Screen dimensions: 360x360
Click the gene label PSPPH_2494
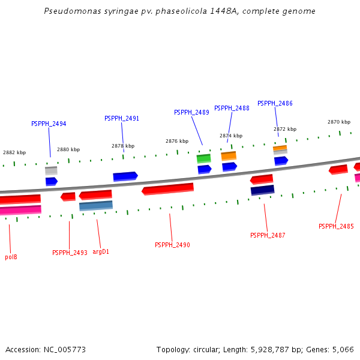[x=49, y=124]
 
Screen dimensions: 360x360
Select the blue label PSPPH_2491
[x=122, y=118]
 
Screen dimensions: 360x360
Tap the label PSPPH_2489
[x=191, y=112]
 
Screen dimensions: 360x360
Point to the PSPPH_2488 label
[x=232, y=108]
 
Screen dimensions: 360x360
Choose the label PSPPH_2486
[x=275, y=103]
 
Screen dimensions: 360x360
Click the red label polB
[x=11, y=257]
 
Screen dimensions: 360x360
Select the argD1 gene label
[x=101, y=251]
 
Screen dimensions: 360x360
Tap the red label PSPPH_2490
[x=172, y=245]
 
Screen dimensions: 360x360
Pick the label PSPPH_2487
[x=268, y=235]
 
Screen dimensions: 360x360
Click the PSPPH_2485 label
[x=336, y=226]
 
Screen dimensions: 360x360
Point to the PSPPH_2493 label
[x=70, y=253]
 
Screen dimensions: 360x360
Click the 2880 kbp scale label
[x=68, y=149]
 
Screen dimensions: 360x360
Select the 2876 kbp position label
[x=177, y=141]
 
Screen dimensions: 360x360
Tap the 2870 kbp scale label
[x=338, y=122]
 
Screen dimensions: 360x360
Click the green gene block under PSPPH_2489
[x=203, y=158]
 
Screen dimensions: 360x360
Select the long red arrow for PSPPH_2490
[x=168, y=189]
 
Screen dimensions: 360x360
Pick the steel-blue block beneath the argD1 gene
[x=96, y=206]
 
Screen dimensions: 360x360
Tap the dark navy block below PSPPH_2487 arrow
[x=262, y=190]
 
